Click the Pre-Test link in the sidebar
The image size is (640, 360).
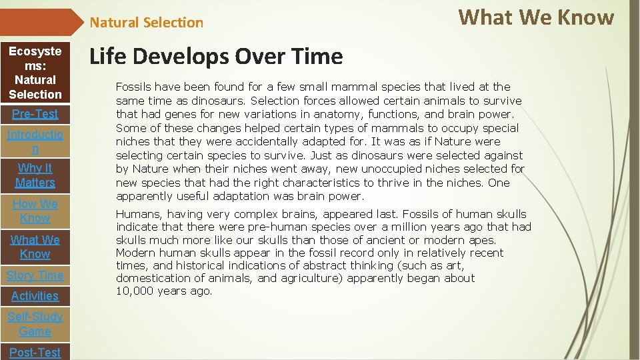tap(35, 114)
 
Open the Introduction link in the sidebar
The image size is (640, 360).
tap(35, 142)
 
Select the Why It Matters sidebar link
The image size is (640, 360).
tap(35, 175)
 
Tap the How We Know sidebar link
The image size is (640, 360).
tap(35, 211)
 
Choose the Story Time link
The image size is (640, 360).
tap(35, 275)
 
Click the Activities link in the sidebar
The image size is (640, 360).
tap(35, 296)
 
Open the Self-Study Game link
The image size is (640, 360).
tap(35, 324)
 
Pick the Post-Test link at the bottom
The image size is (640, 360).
tap(35, 352)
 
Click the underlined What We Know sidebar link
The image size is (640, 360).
tap(35, 247)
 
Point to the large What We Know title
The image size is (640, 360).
tap(536, 17)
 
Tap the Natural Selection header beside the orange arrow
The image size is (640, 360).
tap(146, 23)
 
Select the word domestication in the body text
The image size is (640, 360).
tap(151, 279)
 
